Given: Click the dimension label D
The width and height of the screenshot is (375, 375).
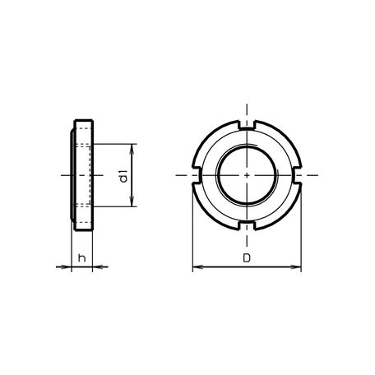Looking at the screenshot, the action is (x=247, y=258).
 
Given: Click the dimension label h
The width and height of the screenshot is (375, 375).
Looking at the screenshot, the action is (x=82, y=257).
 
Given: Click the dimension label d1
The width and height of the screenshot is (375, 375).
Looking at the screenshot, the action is (x=123, y=176).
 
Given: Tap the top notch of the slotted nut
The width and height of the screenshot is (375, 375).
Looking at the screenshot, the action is (x=247, y=124).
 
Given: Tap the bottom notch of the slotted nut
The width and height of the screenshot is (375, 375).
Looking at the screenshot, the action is (x=247, y=226).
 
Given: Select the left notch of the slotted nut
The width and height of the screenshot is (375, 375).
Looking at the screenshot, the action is (x=197, y=175).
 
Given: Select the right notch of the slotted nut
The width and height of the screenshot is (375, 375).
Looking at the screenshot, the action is (x=298, y=175).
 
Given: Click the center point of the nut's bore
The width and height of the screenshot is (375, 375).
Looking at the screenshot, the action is (x=247, y=175).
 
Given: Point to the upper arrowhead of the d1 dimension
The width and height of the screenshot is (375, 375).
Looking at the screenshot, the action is (x=132, y=149).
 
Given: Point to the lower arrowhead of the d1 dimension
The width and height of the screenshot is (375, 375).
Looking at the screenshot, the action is (x=132, y=201).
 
